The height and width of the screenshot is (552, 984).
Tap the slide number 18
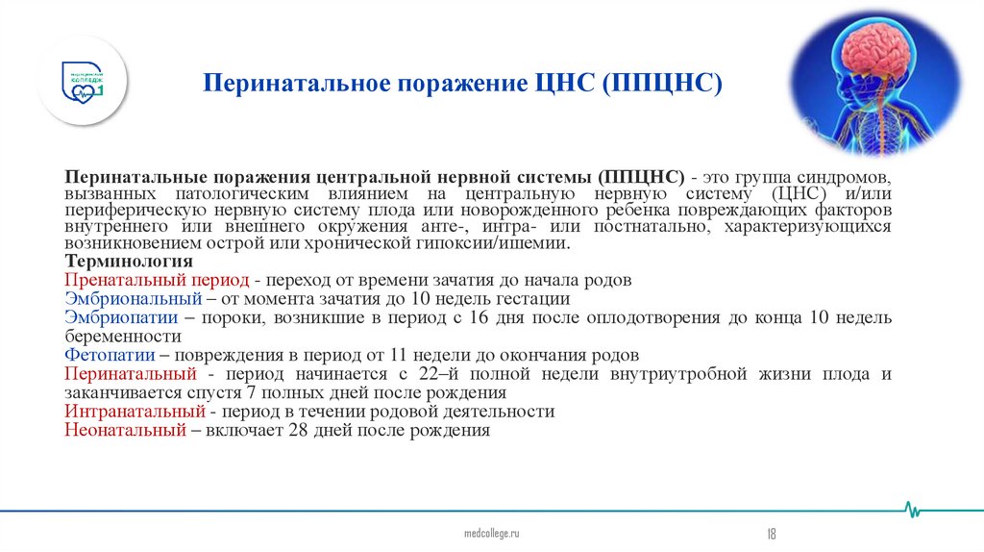(x=772, y=534)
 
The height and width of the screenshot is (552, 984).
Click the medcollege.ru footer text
(x=491, y=533)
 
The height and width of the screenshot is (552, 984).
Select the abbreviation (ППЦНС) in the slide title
(x=662, y=84)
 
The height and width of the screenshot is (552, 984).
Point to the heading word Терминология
(x=129, y=263)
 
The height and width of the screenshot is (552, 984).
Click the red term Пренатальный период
(x=157, y=281)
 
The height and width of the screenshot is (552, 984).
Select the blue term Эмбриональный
(x=127, y=299)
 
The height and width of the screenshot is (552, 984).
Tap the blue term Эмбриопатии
(x=117, y=318)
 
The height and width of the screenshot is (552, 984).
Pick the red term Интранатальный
(x=135, y=412)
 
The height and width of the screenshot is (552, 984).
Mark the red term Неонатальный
(x=125, y=431)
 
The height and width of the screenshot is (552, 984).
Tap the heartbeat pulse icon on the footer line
(x=917, y=509)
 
